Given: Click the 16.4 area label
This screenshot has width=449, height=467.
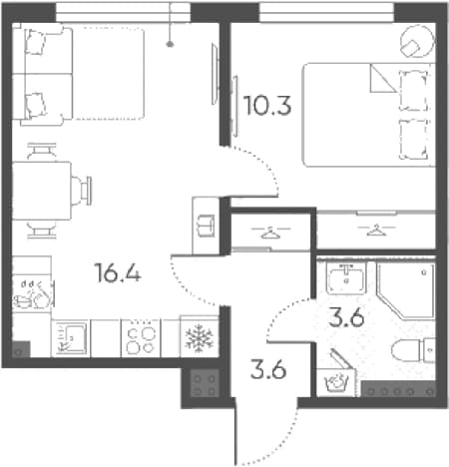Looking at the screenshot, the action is (118, 272).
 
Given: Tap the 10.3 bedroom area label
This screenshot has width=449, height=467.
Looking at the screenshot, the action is (267, 106).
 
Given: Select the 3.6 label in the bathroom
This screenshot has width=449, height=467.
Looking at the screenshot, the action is (346, 317).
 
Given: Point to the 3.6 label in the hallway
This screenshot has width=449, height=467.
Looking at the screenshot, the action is (268, 369).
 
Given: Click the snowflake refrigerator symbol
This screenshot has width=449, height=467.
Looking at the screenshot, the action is (199, 338).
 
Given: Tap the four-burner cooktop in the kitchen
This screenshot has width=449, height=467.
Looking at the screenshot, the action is (141, 338).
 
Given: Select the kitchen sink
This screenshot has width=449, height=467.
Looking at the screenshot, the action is (71, 338).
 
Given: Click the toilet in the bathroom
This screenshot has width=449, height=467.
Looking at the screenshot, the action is (413, 350).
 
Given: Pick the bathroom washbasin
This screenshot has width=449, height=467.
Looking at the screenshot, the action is (346, 278).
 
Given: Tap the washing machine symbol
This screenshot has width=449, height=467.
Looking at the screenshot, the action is (337, 382).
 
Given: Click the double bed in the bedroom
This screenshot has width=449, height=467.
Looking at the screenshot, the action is (368, 115).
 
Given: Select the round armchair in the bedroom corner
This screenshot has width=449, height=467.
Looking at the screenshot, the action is (417, 42).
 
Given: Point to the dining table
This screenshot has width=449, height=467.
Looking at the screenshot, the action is (42, 191).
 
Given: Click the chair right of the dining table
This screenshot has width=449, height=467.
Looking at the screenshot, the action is (82, 191).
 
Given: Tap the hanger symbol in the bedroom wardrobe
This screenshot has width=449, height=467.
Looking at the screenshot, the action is (376, 230).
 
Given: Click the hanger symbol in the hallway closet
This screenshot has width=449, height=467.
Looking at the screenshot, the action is (270, 233).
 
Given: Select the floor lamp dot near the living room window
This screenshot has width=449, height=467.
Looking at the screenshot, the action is (170, 44).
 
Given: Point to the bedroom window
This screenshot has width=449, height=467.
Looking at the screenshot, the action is (326, 13).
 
